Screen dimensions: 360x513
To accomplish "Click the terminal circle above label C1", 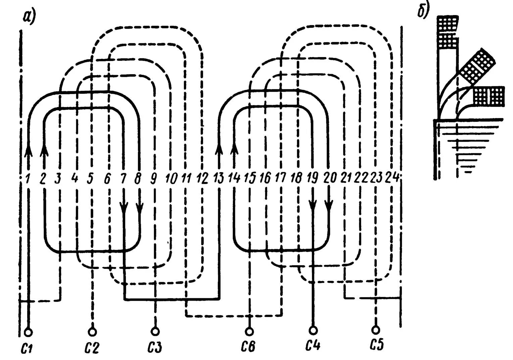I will coord(29,332).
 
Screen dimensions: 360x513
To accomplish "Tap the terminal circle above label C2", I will coord(92,331).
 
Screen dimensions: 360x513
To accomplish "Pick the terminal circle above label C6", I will coord(249,331).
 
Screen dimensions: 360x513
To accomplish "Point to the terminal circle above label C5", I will coord(375,329).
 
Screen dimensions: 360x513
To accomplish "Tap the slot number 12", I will coord(202,178).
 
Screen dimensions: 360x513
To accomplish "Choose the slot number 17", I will coord(281,178).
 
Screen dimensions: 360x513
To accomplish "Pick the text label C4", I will coord(313,346).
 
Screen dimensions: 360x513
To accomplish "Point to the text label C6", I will coord(249,346).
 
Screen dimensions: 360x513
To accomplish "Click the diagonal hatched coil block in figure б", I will coord(477,66).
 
